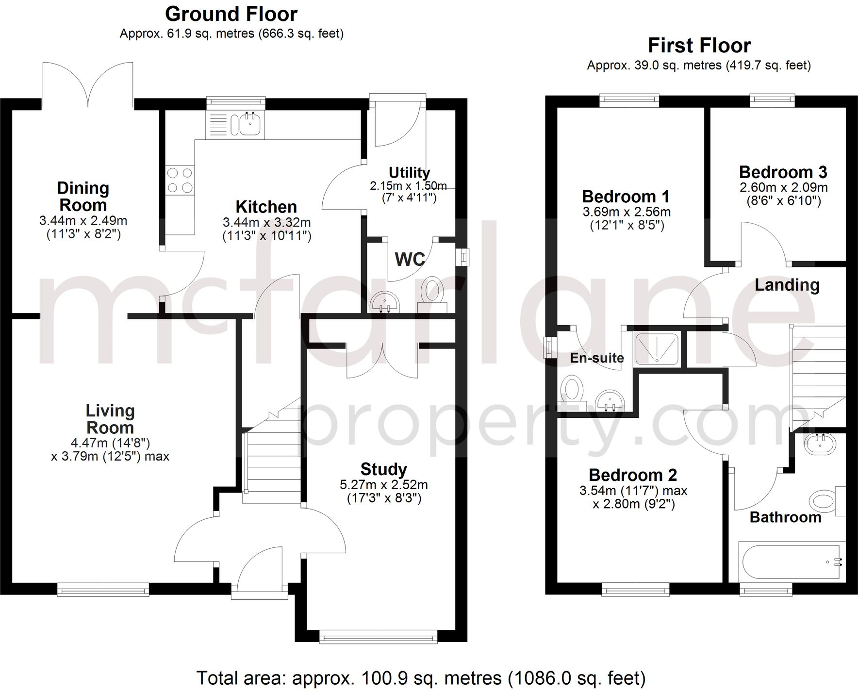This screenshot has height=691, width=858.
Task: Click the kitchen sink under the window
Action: tap(249, 124)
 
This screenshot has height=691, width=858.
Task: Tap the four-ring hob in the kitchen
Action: tap(180, 180)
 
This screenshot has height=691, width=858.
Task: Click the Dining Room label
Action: tap(83, 196)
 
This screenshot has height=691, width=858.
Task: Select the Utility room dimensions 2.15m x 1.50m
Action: tap(408, 185)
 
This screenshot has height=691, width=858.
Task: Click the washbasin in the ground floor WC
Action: tap(385, 304)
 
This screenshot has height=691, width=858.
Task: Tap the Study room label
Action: tap(383, 469)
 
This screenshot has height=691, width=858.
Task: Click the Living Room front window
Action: tap(103, 590)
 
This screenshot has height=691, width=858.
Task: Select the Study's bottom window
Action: tap(378, 637)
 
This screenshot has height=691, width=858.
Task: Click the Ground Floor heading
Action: tap(231, 14)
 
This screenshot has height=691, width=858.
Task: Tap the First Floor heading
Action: tap(699, 46)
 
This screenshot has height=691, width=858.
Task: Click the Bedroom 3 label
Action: tap(783, 172)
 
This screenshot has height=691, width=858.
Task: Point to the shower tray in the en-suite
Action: tap(657, 348)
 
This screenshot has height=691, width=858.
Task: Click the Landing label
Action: tap(787, 285)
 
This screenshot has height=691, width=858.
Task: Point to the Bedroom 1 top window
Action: tap(629, 100)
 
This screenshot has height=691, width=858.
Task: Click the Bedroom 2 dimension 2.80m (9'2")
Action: tap(634, 504)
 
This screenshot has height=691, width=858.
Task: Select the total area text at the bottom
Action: tap(421, 677)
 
